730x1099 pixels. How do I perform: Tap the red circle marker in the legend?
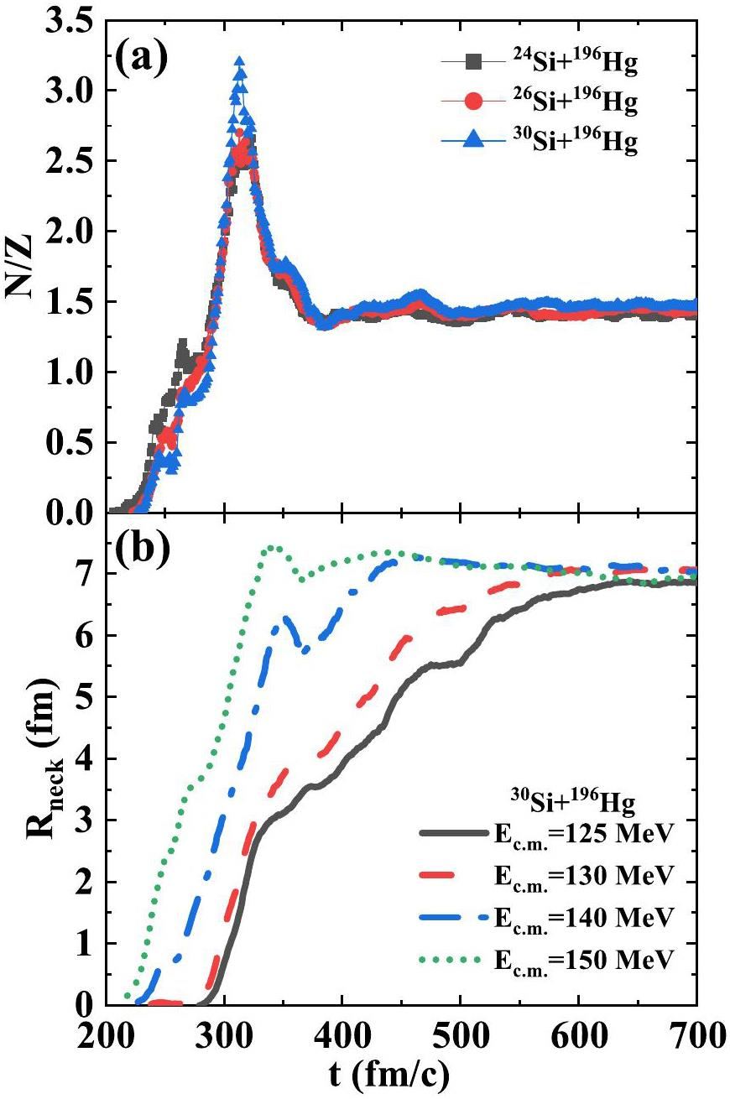472,102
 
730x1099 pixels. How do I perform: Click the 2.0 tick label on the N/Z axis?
72,232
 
